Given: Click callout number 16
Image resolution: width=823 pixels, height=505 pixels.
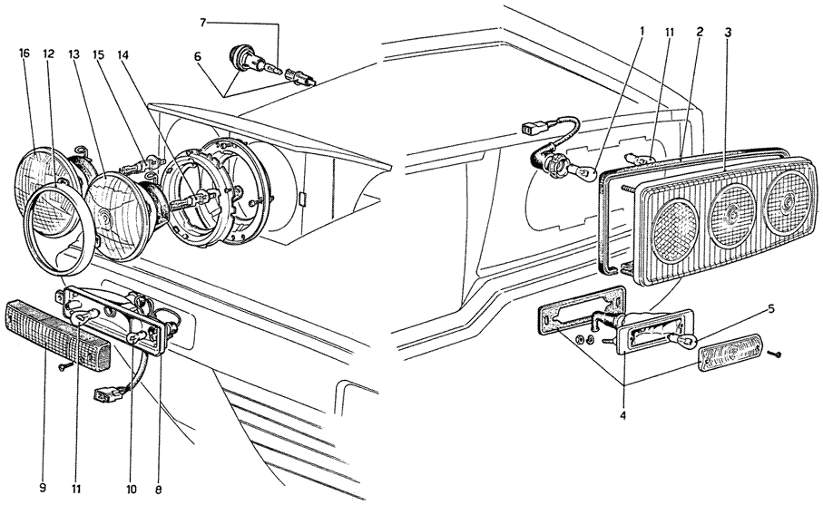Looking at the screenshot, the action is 24,53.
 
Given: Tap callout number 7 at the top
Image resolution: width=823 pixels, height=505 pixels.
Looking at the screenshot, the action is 203,23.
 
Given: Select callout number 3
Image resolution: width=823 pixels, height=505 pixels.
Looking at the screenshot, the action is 728,32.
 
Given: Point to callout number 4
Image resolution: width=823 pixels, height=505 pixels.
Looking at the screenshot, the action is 622,416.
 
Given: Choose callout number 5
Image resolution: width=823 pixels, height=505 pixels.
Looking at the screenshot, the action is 770,309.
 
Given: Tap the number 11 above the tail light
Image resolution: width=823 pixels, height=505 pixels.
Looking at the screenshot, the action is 670,32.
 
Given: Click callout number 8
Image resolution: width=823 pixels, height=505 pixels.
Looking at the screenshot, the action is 159,490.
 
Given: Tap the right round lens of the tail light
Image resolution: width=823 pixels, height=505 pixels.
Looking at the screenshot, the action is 787,202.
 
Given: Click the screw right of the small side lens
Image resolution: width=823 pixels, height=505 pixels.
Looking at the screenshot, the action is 775,354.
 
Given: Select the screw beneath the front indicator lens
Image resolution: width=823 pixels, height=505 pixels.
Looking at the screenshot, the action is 64,366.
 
